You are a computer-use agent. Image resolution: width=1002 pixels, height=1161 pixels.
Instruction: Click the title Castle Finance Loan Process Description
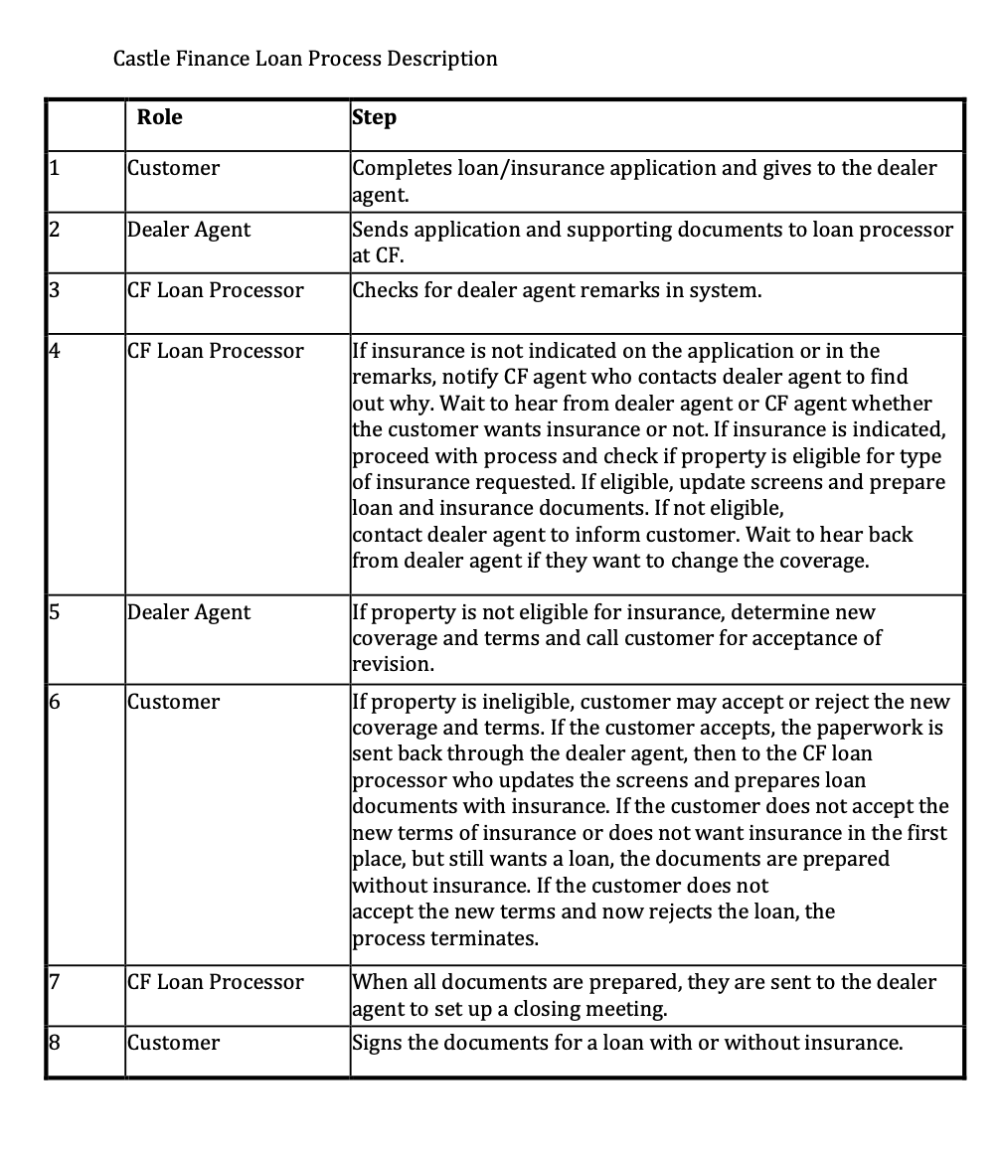pos(305,59)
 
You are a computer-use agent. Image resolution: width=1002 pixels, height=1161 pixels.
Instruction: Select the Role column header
pos(159,117)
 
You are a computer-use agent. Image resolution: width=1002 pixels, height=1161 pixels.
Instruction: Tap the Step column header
pos(375,117)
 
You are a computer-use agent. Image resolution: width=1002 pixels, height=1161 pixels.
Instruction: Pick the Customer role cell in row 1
pos(174,168)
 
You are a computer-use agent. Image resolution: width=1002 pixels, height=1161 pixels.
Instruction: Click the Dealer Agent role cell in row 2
pos(189,230)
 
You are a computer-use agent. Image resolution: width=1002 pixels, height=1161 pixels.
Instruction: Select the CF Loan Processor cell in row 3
pos(216,290)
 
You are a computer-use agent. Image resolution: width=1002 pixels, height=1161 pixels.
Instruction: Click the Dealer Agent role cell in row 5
pos(189,612)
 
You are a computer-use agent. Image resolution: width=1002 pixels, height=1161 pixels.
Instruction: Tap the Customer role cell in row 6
pos(174,702)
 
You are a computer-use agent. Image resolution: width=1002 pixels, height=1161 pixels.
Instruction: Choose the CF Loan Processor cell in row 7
pos(216,982)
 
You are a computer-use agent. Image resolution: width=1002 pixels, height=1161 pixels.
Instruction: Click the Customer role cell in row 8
pos(174,1043)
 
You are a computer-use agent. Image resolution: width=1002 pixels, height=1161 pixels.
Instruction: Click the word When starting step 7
pos(380,982)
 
